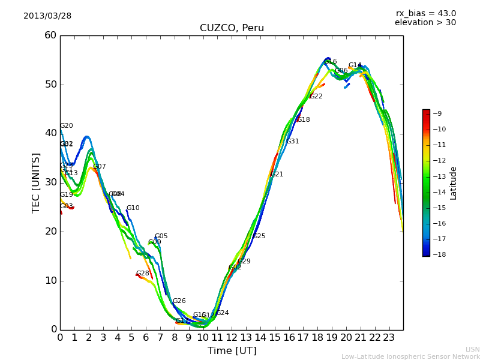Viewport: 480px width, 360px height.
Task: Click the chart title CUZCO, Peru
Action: click(x=232, y=28)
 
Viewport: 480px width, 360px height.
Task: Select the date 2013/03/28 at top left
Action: click(x=47, y=16)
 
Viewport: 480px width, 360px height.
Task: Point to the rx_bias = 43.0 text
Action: click(x=425, y=14)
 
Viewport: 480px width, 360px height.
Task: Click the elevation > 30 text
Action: click(x=425, y=23)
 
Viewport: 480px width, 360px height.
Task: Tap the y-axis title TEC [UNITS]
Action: click(x=36, y=182)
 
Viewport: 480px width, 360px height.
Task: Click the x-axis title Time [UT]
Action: click(x=232, y=351)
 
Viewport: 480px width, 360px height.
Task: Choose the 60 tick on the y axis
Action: click(x=50, y=35)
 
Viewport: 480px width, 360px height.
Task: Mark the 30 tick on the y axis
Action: click(x=50, y=182)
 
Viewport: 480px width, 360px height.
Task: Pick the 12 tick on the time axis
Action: click(x=232, y=338)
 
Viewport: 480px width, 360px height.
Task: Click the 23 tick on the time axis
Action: click(x=389, y=338)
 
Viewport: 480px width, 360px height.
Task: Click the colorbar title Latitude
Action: click(x=454, y=182)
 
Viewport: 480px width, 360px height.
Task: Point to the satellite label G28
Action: click(x=143, y=274)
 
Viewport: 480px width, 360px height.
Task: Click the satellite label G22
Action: click(x=316, y=97)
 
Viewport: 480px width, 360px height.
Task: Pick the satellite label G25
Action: click(x=259, y=236)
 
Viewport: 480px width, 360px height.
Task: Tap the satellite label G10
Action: click(x=133, y=208)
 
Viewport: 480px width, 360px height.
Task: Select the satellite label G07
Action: click(x=100, y=167)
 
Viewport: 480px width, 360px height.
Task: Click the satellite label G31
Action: click(x=293, y=142)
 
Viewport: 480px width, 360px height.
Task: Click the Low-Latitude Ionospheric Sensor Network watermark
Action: click(x=410, y=356)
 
